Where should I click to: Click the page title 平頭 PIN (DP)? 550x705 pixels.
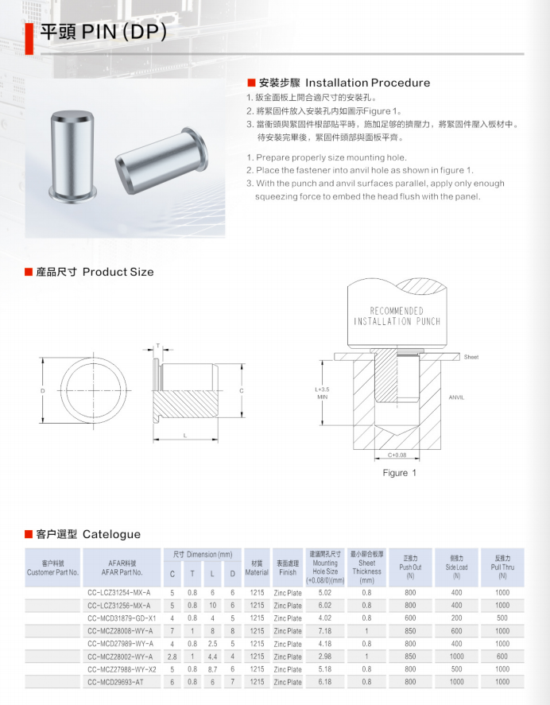[103, 32]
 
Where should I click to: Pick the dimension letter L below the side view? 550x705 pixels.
[184, 436]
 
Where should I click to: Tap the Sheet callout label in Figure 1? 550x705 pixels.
[471, 358]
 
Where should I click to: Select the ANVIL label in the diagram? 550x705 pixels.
[456, 397]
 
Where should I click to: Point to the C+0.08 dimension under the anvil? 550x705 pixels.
[396, 455]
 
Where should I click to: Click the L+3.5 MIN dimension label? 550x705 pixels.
[322, 393]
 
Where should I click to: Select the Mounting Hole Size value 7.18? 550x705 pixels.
[324, 630]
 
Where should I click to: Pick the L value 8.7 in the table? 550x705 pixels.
[212, 668]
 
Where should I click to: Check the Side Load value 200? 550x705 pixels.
[456, 618]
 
